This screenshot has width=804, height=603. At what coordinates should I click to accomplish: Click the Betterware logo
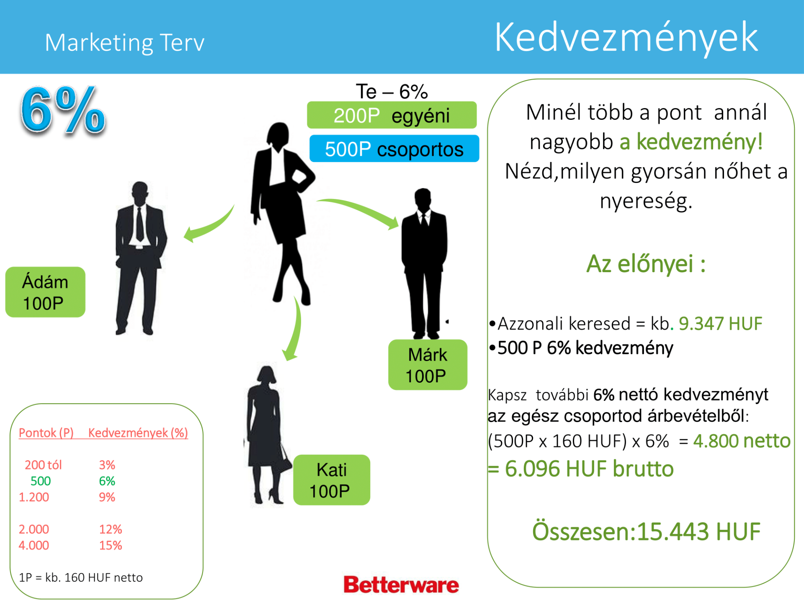(401, 585)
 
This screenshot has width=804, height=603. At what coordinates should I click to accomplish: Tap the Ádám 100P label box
(45, 292)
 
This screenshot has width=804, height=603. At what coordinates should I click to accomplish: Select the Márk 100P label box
(428, 365)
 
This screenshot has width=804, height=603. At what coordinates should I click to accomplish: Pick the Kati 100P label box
(332, 480)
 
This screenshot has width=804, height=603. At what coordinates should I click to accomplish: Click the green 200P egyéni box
(392, 115)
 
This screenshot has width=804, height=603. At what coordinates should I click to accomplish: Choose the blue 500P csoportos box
(394, 149)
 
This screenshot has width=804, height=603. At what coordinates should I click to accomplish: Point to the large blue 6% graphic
(63, 110)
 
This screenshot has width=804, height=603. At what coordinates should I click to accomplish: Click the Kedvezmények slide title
(626, 38)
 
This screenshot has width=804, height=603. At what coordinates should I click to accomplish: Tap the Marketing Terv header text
(124, 42)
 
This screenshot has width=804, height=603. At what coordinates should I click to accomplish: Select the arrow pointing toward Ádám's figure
(211, 227)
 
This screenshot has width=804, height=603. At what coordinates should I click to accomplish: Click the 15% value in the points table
(111, 545)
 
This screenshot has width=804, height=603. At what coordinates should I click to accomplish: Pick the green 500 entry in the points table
(41, 481)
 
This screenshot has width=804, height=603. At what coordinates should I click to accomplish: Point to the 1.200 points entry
(34, 497)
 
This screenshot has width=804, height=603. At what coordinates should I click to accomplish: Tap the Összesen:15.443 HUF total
(646, 531)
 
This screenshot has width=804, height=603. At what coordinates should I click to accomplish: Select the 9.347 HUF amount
(720, 323)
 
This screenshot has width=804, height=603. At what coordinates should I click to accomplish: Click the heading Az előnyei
(646, 264)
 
